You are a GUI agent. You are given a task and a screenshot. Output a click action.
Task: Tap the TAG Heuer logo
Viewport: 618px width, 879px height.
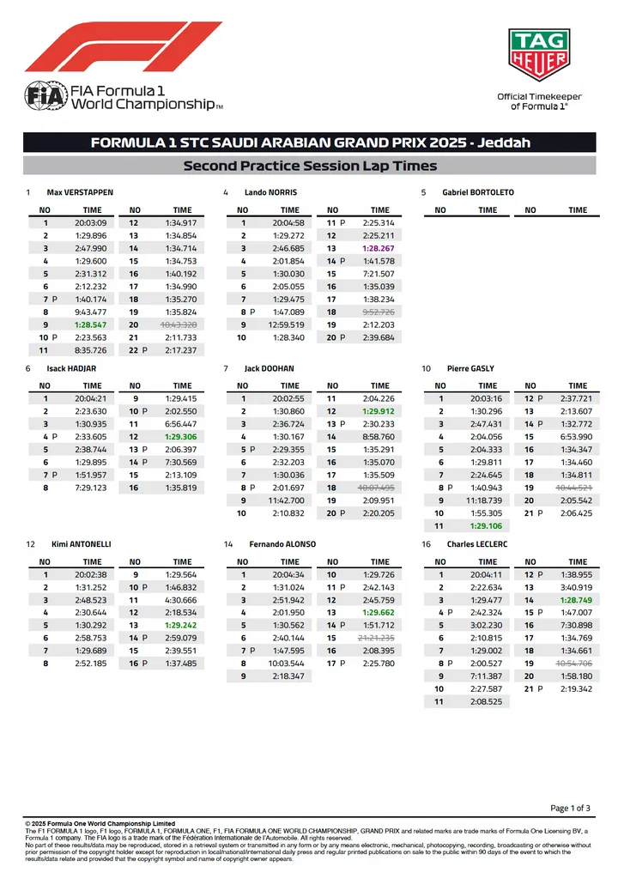[539, 55]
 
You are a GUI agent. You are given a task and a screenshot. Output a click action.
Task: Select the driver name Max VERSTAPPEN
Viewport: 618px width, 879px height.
[80, 192]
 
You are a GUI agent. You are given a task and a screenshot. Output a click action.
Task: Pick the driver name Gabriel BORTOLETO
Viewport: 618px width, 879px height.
[478, 192]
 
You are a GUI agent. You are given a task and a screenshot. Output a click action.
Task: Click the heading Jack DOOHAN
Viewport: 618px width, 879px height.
[269, 368]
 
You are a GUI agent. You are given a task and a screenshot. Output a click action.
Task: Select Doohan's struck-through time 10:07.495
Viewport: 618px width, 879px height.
[379, 488]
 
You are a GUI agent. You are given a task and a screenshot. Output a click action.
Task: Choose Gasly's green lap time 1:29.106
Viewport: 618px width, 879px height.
[488, 525]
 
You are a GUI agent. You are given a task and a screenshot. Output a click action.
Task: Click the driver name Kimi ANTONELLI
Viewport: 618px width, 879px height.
[80, 544]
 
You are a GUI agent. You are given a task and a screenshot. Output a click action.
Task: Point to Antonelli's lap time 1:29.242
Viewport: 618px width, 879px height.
[182, 626]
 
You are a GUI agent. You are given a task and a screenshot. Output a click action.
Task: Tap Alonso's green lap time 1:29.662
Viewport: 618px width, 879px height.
[379, 613]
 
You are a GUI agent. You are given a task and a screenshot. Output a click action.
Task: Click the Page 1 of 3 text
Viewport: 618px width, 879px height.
[570, 808]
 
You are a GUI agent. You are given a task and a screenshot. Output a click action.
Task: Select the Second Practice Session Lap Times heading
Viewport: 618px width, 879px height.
[310, 166]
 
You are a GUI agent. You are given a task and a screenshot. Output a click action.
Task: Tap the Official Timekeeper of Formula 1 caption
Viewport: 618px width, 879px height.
[539, 101]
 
